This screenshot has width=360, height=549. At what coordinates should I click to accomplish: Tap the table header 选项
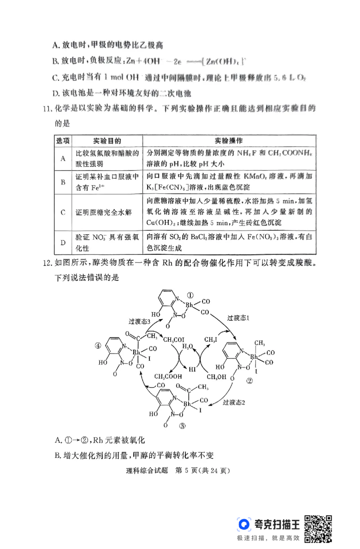click(63, 141)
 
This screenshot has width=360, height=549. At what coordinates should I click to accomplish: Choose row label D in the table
click(63, 242)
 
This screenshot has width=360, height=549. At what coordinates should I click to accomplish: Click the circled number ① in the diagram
click(190, 295)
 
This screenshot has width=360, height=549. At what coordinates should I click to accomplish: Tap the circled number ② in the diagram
click(249, 381)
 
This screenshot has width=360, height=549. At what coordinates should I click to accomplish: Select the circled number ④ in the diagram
click(98, 346)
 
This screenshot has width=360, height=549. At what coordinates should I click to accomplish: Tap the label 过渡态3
click(139, 321)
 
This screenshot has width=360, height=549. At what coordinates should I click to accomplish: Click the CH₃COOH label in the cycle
click(168, 377)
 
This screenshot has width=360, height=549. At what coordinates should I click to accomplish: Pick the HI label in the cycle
click(193, 369)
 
